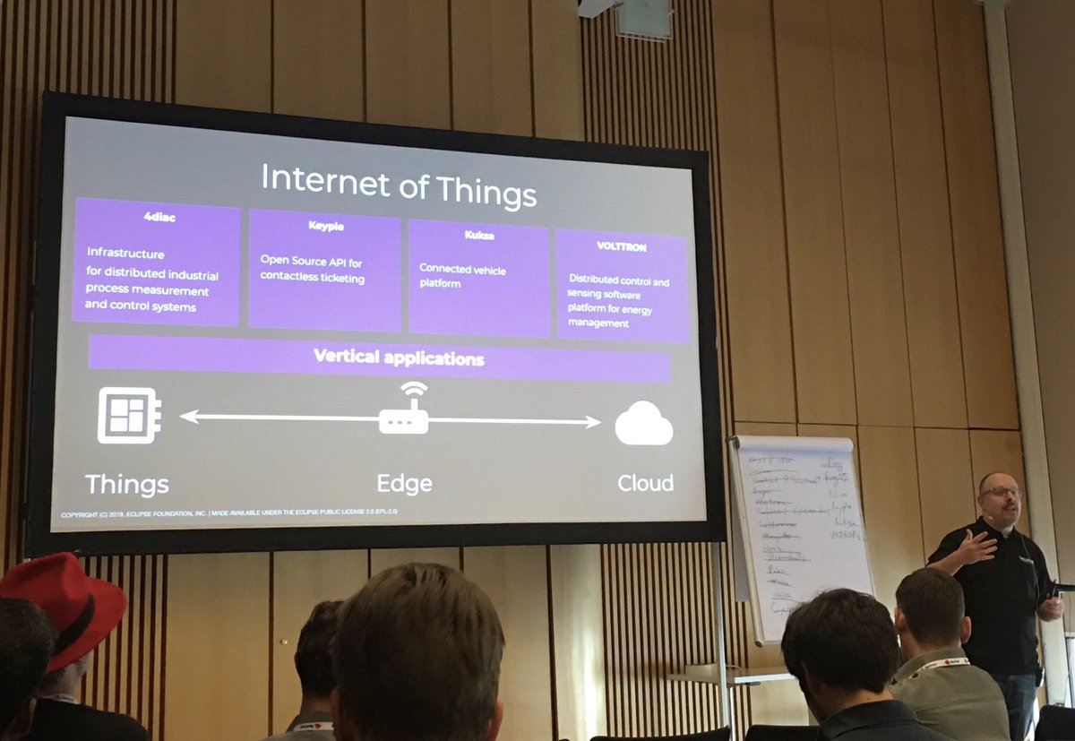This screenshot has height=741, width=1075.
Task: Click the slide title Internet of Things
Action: tap(398, 184)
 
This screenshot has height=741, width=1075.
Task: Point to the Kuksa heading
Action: tap(479, 236)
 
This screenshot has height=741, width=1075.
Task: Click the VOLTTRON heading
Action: tap(622, 246)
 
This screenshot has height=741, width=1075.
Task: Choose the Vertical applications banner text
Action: tap(398, 358)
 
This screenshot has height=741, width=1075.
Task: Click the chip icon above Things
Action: tap(128, 415)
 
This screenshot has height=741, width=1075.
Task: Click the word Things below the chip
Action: tap(126, 485)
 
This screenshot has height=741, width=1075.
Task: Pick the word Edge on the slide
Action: tap(404, 484)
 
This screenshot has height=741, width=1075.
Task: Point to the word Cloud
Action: tap(645, 484)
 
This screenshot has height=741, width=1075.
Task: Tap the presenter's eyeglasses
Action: tap(1001, 492)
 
